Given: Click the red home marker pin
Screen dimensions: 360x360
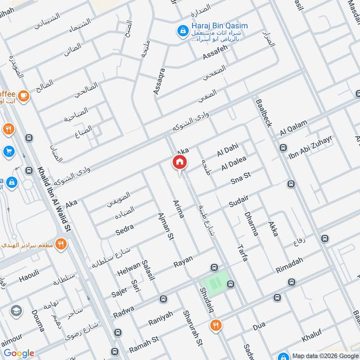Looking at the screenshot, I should [179, 162].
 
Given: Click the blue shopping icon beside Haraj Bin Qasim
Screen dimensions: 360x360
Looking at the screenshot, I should [183, 31].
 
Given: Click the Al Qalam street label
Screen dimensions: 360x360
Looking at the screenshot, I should [293, 127].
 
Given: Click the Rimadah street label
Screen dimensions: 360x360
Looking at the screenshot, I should [289, 265].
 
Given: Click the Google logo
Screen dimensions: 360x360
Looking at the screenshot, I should [19, 353].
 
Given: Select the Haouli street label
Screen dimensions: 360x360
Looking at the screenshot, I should [29, 275].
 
